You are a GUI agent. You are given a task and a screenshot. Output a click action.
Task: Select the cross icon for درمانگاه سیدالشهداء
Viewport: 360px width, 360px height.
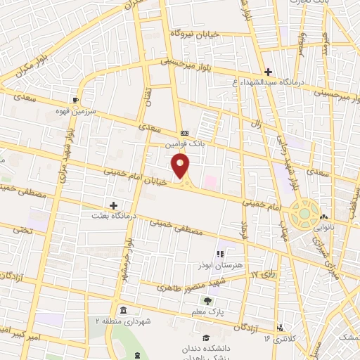(x=267, y=72)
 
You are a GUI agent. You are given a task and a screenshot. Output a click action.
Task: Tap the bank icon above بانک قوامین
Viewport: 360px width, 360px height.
(x=184, y=132)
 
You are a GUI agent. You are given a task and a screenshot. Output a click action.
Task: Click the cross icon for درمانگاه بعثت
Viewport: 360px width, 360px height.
(x=114, y=205)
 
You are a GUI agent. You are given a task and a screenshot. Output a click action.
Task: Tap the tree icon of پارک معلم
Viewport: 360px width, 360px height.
(x=207, y=300)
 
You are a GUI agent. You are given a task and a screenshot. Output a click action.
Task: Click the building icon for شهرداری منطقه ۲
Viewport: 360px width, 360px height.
(x=123, y=310)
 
